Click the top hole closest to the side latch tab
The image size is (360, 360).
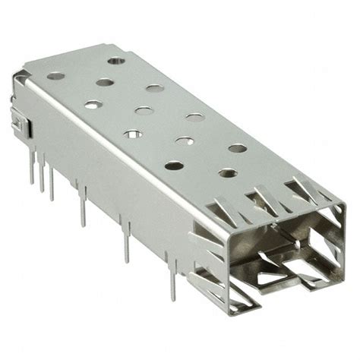[x=55, y=75]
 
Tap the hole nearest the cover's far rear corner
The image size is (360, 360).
[x=115, y=60]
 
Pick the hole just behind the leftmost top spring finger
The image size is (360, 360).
[x=174, y=164]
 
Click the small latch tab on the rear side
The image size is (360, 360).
[x=17, y=122]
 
